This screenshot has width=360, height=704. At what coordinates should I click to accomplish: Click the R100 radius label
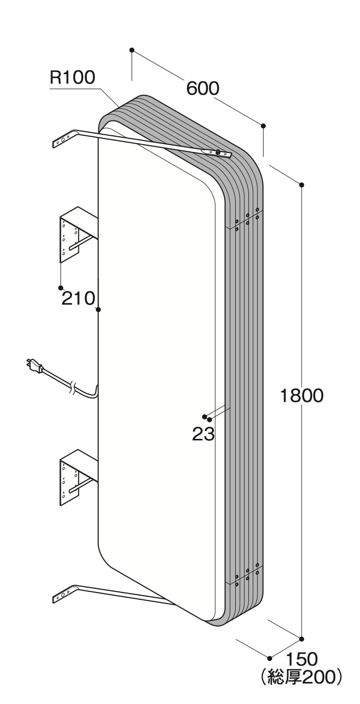click(x=72, y=77)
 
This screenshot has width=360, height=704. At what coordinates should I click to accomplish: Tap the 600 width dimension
click(x=203, y=88)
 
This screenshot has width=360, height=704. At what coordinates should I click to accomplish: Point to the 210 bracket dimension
click(x=78, y=298)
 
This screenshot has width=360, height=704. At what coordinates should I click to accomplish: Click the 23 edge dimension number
click(x=204, y=434)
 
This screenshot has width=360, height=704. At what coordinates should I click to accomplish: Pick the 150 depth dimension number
click(x=302, y=659)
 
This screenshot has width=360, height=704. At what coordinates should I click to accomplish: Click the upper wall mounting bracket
click(x=78, y=234)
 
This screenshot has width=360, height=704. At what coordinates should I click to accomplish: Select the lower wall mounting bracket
click(x=78, y=477)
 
